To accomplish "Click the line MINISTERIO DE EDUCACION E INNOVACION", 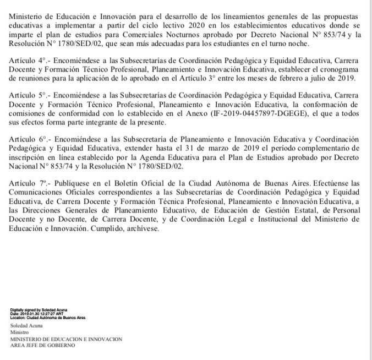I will click(x=66, y=339).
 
